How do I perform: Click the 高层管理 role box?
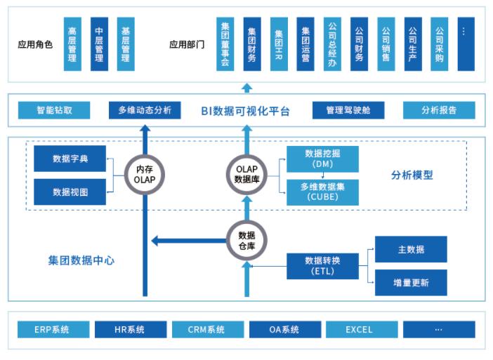72,44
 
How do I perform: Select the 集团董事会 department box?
225,44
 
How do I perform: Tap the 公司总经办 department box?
332,44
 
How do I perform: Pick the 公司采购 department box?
440,44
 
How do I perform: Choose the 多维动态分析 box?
145,110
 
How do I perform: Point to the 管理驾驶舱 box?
348,110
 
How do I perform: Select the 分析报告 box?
439,110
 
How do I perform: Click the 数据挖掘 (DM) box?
322,159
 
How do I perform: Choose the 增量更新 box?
411,283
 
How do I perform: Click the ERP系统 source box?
53,329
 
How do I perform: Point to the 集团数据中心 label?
81,261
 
